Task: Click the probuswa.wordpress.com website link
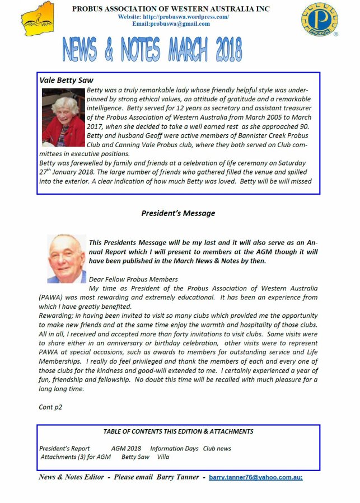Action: pyautogui.click(x=174, y=17)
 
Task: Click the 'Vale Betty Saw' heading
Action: pyautogui.click(x=66, y=80)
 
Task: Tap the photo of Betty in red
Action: pyautogui.click(x=63, y=119)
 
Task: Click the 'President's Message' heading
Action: pyautogui.click(x=178, y=213)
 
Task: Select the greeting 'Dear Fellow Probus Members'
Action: pyautogui.click(x=133, y=279)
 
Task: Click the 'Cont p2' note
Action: pyautogui.click(x=50, y=407)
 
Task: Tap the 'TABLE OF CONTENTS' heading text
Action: pyautogui.click(x=178, y=431)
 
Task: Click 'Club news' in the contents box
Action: pyautogui.click(x=217, y=448)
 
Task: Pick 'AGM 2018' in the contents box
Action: pyautogui.click(x=126, y=448)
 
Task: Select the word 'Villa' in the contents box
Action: pyautogui.click(x=163, y=457)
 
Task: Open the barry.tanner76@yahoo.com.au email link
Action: pyautogui.click(x=255, y=477)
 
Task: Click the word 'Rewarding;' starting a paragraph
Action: pyautogui.click(x=55, y=316)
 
